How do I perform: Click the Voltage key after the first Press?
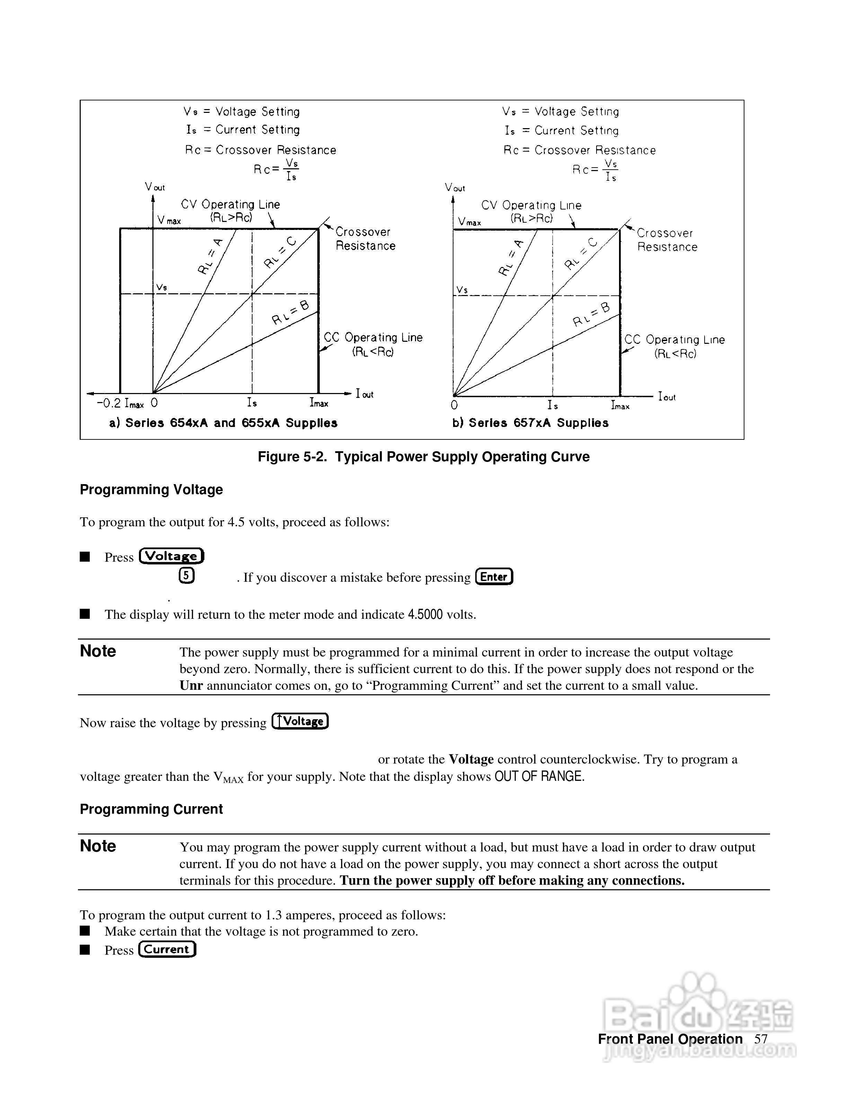click(x=172, y=556)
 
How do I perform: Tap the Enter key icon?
click(x=494, y=577)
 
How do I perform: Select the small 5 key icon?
click(x=186, y=576)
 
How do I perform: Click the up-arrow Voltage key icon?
click(x=300, y=721)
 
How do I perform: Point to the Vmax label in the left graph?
click(x=169, y=221)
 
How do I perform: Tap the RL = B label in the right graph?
click(x=591, y=314)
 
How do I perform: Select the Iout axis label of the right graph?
click(x=666, y=397)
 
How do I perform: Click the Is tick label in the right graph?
click(x=553, y=405)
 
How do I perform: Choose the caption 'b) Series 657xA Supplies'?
click(x=530, y=423)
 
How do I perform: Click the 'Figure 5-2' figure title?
click(x=424, y=457)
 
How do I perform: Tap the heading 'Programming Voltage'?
click(x=151, y=489)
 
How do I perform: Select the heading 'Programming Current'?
click(x=151, y=809)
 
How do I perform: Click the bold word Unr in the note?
click(x=191, y=686)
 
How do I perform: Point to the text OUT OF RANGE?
click(x=539, y=777)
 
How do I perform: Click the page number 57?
click(x=761, y=1039)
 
